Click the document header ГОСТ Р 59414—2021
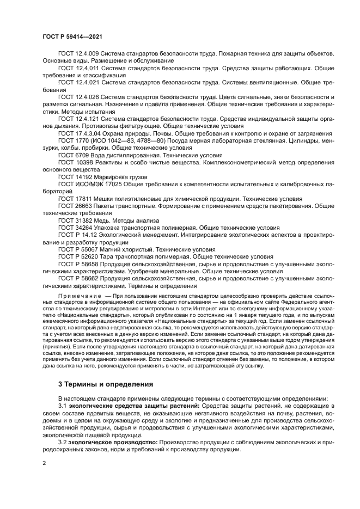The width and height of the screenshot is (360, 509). coord(72,36)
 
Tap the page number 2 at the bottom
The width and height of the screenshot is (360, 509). coord(44,463)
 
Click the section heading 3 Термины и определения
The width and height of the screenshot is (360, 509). coord(106,384)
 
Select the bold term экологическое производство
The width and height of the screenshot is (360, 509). coord(115,443)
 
